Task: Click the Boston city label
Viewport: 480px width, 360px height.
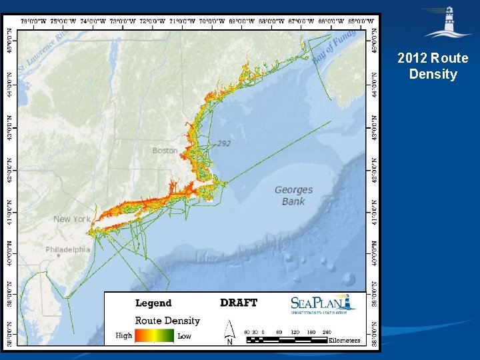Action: [x=165, y=151]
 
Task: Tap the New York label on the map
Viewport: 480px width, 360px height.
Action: [x=72, y=219]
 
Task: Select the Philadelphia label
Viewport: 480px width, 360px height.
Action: [x=68, y=250]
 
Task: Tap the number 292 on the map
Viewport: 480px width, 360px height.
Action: [x=224, y=143]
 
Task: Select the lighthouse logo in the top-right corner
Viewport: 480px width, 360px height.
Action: [x=448, y=23]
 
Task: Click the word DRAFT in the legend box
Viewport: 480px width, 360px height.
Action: [x=239, y=303]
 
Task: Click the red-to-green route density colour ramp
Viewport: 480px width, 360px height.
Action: [x=155, y=336]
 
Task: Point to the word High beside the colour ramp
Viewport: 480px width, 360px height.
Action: [x=124, y=336]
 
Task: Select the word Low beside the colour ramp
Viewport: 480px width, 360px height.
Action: [x=185, y=336]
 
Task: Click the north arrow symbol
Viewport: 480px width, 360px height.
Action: [x=229, y=332]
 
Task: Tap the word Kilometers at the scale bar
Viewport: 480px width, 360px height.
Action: [x=345, y=341]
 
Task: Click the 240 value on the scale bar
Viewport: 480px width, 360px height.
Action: [x=327, y=331]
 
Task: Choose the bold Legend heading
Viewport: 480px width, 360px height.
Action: [x=153, y=303]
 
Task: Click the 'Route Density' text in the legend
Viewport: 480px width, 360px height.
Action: [x=167, y=321]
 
